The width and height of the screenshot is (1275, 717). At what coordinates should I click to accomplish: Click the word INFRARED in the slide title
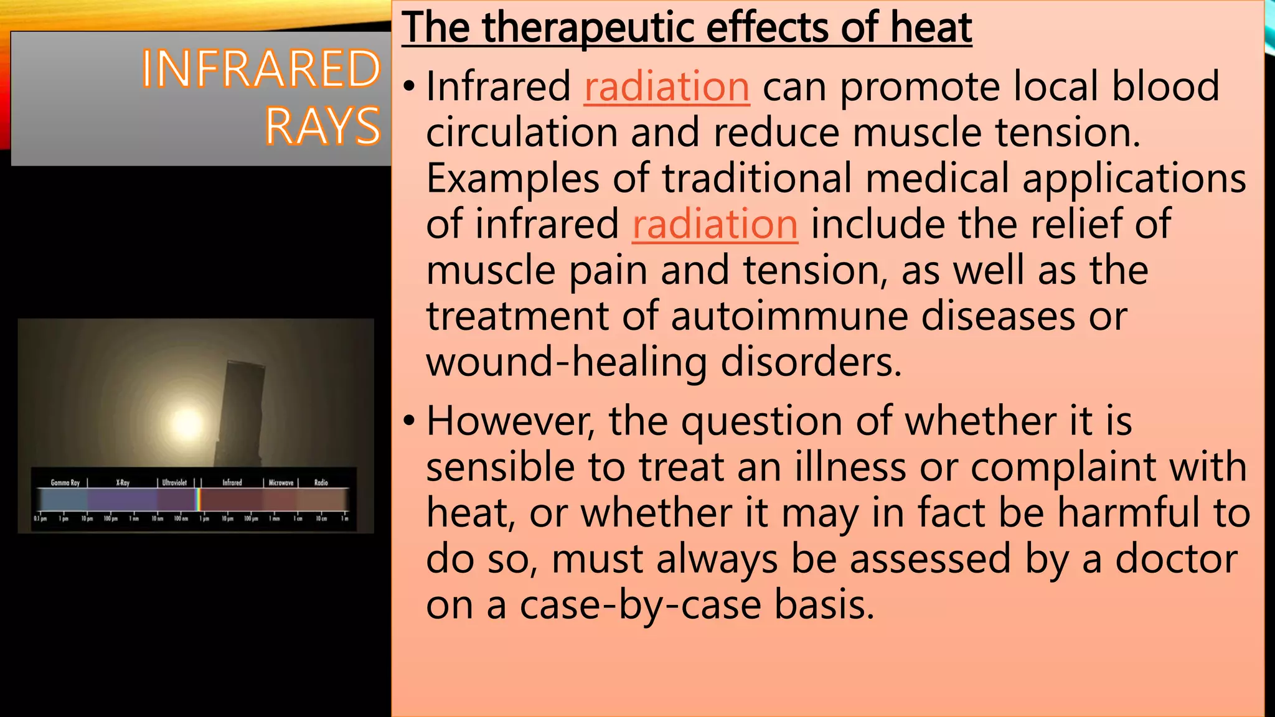pos(261,68)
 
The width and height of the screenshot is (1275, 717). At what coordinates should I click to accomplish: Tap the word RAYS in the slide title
pos(322,126)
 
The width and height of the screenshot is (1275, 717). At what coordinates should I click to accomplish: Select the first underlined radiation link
pos(667,86)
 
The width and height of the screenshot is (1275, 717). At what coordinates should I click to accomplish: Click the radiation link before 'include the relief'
pos(715,224)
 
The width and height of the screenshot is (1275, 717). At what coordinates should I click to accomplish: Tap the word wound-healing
pos(567,362)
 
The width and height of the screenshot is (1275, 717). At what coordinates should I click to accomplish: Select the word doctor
pos(1176,559)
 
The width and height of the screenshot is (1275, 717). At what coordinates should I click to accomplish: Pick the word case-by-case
pos(640,604)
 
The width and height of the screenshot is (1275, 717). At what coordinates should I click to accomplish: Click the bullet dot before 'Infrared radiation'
pos(408,87)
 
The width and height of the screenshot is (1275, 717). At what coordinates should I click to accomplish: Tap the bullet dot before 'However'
pos(408,422)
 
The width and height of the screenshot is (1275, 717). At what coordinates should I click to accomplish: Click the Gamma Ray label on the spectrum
pos(65,482)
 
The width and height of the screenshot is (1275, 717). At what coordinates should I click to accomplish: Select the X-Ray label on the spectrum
pos(123,482)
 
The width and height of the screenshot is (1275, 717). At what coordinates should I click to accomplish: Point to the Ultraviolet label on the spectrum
pos(174,482)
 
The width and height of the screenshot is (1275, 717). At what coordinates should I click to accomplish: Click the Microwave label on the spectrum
pos(281,482)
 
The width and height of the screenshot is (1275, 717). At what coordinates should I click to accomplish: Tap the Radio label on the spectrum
pos(321,482)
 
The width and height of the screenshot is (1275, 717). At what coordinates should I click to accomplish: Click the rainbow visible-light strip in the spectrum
pos(199,500)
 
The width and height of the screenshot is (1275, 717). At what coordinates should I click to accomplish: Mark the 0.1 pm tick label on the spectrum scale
pos(40,518)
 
